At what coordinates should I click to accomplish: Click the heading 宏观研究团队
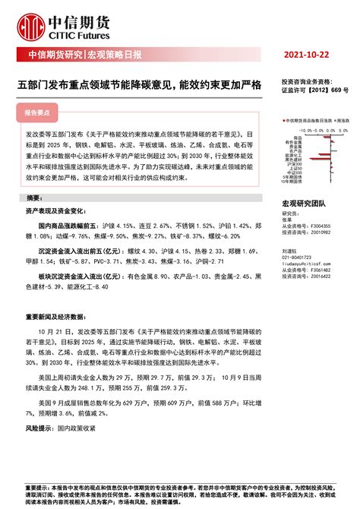304,204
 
